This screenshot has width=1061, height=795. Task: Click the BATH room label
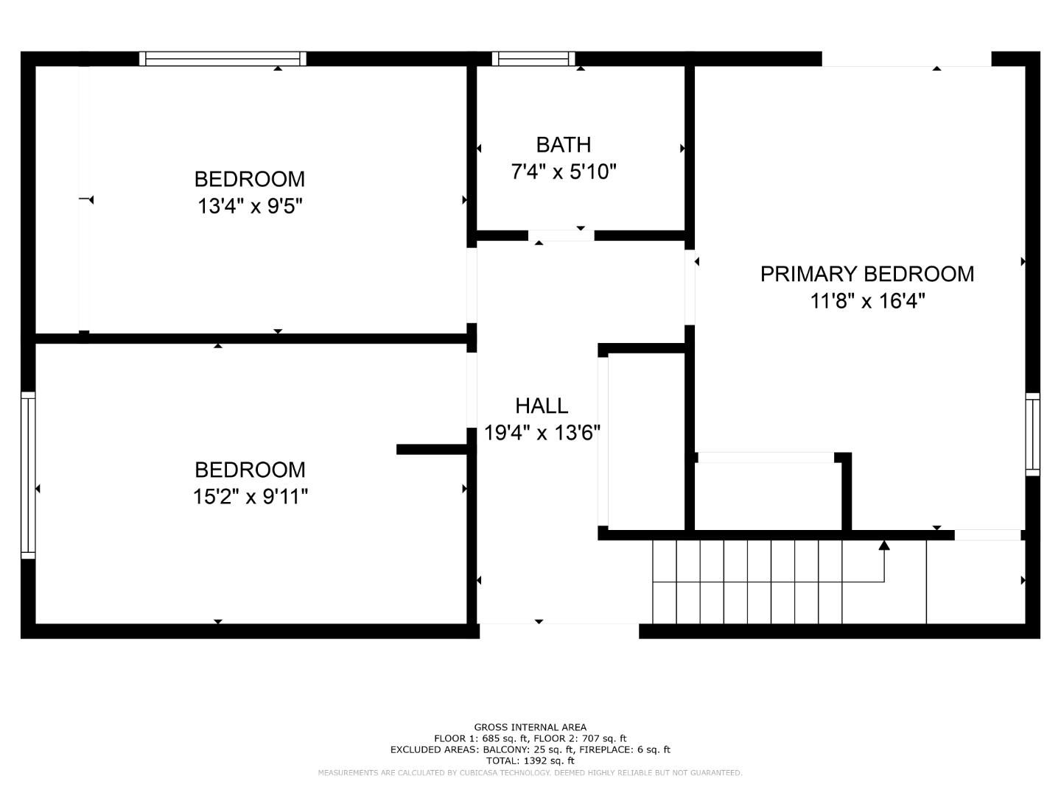(563, 144)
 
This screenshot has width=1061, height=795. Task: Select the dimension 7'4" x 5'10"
(563, 172)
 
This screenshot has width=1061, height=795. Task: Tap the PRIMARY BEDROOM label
(866, 274)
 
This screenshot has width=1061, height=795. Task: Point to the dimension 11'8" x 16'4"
(867, 301)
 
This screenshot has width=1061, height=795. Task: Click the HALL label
(542, 406)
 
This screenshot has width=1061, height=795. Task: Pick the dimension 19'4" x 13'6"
(542, 433)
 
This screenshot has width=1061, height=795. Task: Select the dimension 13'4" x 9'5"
(250, 206)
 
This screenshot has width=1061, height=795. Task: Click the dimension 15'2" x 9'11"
(250, 497)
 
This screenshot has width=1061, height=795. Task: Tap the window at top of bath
(533, 59)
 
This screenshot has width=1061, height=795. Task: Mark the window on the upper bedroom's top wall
(223, 59)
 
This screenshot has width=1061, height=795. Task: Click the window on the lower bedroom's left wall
(28, 475)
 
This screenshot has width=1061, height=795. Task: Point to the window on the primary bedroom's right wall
(1032, 434)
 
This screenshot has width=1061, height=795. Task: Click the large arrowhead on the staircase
(884, 545)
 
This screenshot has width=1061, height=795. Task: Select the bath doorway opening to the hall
(561, 236)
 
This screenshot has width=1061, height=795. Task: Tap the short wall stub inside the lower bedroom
(431, 449)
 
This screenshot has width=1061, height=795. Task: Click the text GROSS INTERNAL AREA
(530, 727)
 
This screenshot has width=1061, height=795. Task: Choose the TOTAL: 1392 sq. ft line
(530, 760)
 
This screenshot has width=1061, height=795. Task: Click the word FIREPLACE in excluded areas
(603, 749)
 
